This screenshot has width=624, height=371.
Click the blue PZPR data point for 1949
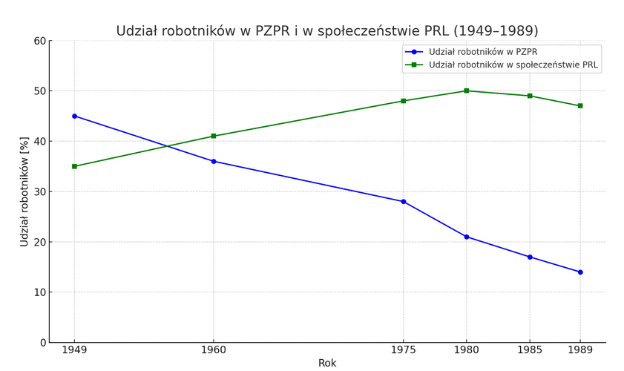pos(74,116)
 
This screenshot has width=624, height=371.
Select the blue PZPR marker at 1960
pos(214,161)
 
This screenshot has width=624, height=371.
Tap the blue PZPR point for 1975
pos(404,201)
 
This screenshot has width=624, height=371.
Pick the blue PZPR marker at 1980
pos(467,237)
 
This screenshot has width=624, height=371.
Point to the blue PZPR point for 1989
pos(580,272)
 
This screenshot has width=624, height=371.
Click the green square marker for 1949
pos(74,166)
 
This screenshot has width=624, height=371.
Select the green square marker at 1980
pos(467,91)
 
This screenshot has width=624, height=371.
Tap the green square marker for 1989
pos(580,105)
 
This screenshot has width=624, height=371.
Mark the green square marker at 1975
pos(404,101)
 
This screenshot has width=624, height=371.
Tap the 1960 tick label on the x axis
pos(214,349)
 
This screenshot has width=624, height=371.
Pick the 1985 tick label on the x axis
pos(530,349)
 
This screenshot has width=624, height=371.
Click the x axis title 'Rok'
pos(327,363)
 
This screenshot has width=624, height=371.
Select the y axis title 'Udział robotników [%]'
pos(24,191)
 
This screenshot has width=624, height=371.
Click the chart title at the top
pos(327,31)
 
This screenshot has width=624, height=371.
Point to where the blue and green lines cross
pos(168,146)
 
